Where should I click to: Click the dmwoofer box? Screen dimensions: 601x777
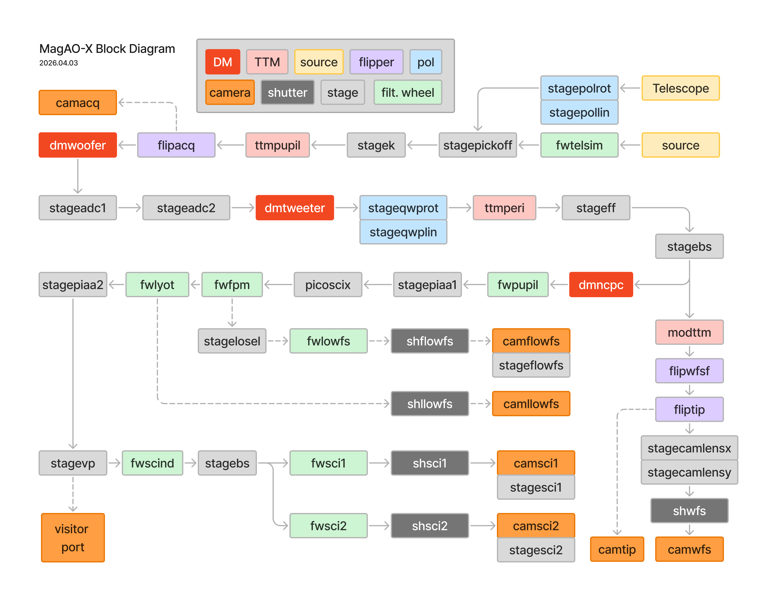pyautogui.click(x=77, y=145)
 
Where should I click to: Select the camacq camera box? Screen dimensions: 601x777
pyautogui.click(x=77, y=103)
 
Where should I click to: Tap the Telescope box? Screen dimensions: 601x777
pyautogui.click(x=680, y=88)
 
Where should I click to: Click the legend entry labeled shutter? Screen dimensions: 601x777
pyautogui.click(x=287, y=93)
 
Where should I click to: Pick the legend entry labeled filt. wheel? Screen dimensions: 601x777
pyautogui.click(x=408, y=93)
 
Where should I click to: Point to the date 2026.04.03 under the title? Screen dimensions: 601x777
pyautogui.click(x=58, y=63)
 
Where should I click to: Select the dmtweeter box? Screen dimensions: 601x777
pyautogui.click(x=295, y=208)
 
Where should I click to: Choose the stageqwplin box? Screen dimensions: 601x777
pyautogui.click(x=403, y=232)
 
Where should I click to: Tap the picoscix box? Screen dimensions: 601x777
pyautogui.click(x=328, y=285)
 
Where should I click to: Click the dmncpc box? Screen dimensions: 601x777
pyautogui.click(x=601, y=285)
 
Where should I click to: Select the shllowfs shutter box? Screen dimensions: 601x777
pyautogui.click(x=430, y=404)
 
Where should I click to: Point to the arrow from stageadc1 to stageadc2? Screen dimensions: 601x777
pyautogui.click(x=129, y=208)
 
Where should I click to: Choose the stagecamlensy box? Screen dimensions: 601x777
pyautogui.click(x=689, y=472)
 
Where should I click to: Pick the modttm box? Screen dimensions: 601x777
pyautogui.click(x=689, y=332)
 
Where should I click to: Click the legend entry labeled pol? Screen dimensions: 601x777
pyautogui.click(x=425, y=62)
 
